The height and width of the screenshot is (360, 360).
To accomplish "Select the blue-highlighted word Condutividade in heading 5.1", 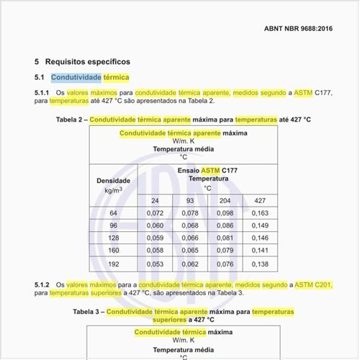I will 76,77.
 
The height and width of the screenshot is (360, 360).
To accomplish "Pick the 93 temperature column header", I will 190,200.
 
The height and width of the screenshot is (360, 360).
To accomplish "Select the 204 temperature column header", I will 225,200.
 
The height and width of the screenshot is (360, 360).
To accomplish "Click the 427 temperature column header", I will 260,200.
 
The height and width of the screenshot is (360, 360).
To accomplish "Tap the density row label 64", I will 113,214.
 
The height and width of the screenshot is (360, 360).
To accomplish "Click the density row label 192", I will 113,264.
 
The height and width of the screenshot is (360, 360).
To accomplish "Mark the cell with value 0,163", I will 260,214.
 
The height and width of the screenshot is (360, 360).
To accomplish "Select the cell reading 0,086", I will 225,226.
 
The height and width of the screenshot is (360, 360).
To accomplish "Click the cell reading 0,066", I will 190,238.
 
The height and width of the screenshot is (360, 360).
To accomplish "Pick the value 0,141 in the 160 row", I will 260,251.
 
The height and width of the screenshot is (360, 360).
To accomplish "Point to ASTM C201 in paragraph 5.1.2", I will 313,286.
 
